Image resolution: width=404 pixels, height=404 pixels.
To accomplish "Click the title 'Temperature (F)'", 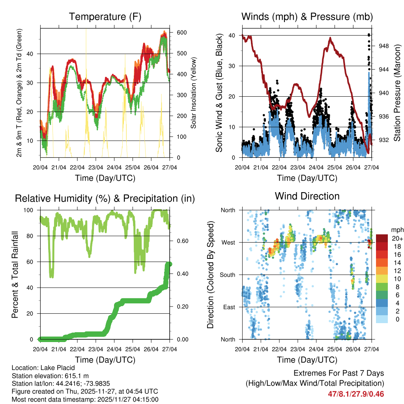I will pyautogui.click(x=105, y=17).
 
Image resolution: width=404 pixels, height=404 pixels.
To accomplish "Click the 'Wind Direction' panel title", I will pyautogui.click(x=307, y=196).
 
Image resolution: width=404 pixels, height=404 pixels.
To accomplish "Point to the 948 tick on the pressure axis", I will pyautogui.click(x=383, y=46).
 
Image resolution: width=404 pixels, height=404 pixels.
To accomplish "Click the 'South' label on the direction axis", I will pyautogui.click(x=227, y=275).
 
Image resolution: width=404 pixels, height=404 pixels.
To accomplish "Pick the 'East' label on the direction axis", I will pyautogui.click(x=229, y=307).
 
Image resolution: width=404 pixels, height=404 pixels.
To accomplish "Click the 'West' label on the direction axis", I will pyautogui.click(x=228, y=242).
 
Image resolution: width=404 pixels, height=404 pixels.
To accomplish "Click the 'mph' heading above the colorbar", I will pyautogui.click(x=397, y=230).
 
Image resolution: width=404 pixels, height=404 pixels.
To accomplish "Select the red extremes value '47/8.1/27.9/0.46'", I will pyautogui.click(x=356, y=394).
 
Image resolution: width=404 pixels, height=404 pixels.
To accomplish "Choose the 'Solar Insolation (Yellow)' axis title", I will pyautogui.click(x=194, y=93).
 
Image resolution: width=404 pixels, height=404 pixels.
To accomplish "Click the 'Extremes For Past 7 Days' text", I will pyautogui.click(x=339, y=373).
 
